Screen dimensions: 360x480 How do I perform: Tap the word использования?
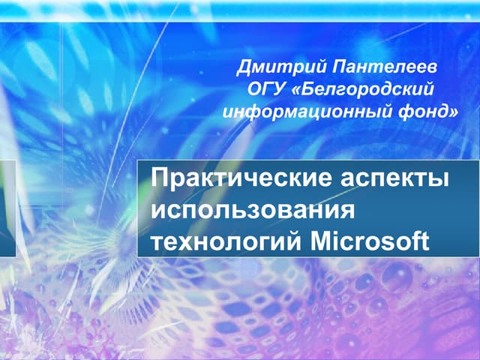click(x=252, y=211)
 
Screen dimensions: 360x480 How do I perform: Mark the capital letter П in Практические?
click(x=159, y=180)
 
